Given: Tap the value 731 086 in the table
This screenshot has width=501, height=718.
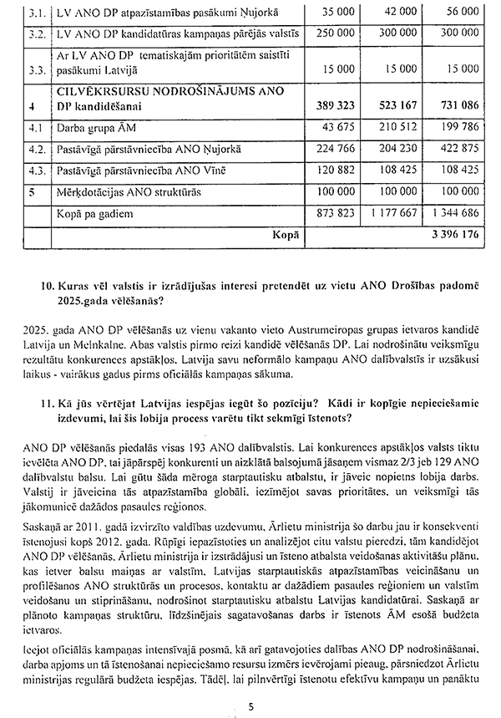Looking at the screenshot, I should (457, 107).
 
